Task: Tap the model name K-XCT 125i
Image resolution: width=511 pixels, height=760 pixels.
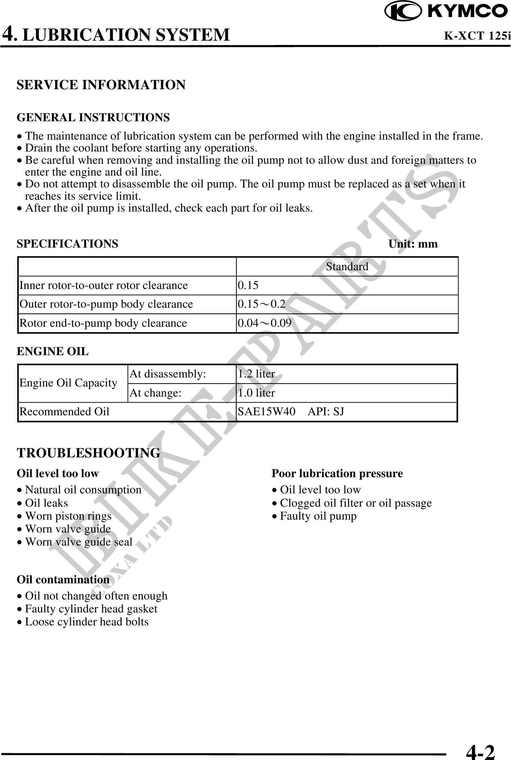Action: (477, 36)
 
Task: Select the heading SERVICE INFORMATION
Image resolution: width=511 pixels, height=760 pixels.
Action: (101, 85)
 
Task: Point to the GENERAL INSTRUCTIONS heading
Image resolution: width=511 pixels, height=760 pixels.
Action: (93, 117)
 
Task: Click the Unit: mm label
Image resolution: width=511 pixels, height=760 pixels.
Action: (413, 244)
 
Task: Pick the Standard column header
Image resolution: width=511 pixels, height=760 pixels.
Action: (347, 267)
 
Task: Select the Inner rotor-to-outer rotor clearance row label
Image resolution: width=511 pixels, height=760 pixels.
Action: (104, 285)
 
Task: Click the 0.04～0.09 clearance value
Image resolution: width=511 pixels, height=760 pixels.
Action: (264, 323)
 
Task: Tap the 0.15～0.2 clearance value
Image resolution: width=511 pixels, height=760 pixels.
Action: (262, 304)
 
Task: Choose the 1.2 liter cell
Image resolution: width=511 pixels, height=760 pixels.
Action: (257, 374)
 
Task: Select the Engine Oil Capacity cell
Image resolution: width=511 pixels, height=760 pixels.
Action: (68, 383)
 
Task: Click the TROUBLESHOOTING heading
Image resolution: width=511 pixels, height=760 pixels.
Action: (89, 453)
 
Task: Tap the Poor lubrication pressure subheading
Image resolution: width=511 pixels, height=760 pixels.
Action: (337, 474)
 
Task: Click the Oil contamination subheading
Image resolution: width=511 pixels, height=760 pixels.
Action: (63, 580)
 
